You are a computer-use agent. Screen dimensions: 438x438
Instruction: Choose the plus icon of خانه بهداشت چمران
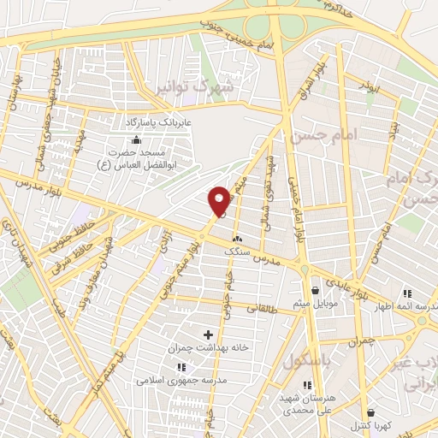coord(208,333)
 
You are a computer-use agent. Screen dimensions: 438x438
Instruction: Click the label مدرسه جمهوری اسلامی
coord(181,377)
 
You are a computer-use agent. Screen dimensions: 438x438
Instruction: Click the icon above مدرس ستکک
coord(236,240)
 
